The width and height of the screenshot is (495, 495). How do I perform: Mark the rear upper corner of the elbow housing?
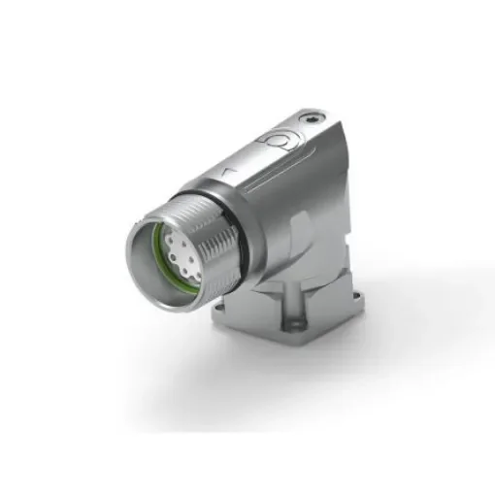pos(335,126)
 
